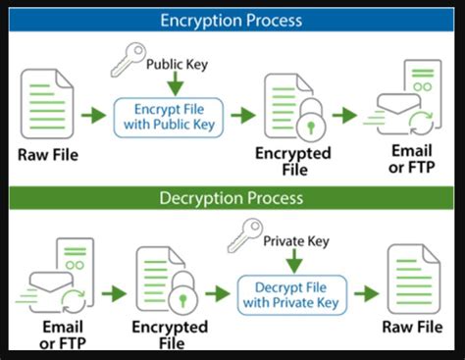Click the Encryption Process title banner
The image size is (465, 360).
tap(232, 19)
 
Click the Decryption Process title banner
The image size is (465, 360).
tap(232, 198)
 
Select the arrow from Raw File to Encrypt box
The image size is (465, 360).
tap(93, 116)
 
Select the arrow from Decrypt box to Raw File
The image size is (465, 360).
tap(366, 292)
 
